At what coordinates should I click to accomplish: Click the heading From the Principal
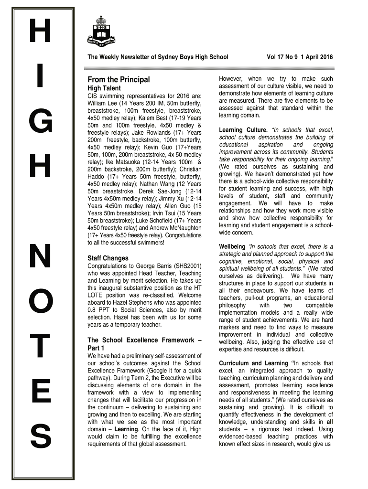(119, 79)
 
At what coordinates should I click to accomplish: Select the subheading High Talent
(104, 88)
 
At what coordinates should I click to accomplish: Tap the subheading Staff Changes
(108, 258)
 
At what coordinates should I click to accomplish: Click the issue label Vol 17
(277, 57)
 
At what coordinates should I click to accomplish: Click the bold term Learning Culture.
(243, 130)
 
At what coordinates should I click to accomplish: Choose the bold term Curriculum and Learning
(253, 363)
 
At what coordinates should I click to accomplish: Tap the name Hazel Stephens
(145, 303)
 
